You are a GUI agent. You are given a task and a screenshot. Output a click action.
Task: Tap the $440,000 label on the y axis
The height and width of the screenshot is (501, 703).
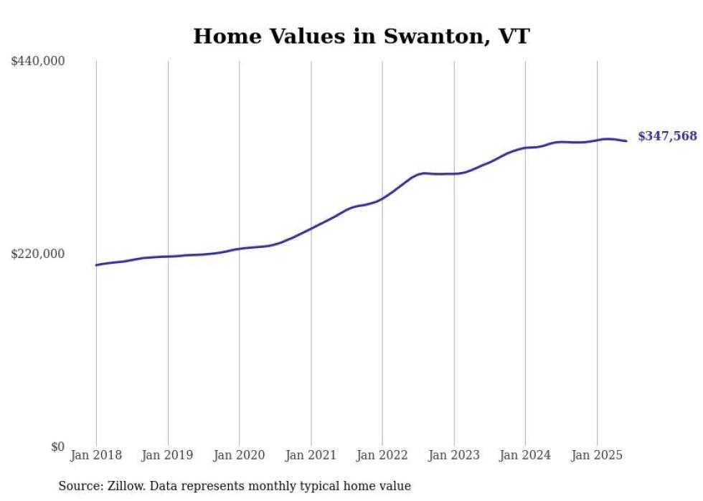(x=38, y=62)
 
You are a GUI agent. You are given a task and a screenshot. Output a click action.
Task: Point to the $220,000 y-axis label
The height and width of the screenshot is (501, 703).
(x=38, y=254)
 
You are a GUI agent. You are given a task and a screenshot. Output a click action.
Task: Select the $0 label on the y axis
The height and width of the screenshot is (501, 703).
(x=57, y=447)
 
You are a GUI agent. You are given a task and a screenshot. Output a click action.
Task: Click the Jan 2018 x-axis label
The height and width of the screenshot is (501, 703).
(x=96, y=455)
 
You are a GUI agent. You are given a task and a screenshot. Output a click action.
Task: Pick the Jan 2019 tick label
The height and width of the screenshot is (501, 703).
(x=168, y=455)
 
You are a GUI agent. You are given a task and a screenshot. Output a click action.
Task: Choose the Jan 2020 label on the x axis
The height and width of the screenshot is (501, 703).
(x=239, y=455)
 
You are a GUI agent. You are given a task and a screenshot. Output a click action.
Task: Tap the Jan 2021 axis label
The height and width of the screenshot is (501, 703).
(x=311, y=455)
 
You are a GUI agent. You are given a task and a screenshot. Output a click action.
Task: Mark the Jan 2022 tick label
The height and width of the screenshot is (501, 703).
(x=382, y=455)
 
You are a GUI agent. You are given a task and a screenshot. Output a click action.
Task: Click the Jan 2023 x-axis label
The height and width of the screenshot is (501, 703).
(x=453, y=455)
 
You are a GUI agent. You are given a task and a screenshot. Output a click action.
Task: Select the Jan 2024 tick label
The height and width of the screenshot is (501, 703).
(x=525, y=455)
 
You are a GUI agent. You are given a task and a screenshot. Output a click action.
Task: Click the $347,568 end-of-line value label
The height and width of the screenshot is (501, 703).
(x=667, y=136)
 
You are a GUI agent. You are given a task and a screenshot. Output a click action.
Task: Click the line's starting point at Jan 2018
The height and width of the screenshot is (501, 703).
(x=96, y=265)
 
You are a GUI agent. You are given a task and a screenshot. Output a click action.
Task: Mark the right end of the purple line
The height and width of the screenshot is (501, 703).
(x=626, y=141)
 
